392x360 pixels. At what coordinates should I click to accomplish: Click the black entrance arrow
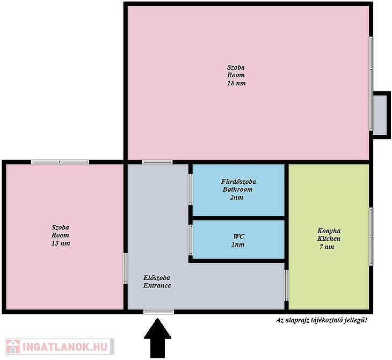pos(157,338)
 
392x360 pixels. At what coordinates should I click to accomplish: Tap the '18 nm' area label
pos(236,83)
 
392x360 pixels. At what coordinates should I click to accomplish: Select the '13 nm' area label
pos(61,243)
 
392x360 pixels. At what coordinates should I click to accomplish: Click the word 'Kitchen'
pos(329,239)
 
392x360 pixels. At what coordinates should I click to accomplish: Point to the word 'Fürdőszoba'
pos(238,182)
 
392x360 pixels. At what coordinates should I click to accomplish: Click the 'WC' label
pos(239,236)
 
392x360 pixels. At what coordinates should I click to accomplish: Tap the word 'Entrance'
pos(157,286)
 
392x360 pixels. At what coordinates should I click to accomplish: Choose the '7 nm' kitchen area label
pos(326,247)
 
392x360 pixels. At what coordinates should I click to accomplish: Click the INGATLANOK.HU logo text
pos(66,347)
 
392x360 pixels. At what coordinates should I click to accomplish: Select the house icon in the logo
pos(13,347)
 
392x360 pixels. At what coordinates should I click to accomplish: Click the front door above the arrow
pos(159,312)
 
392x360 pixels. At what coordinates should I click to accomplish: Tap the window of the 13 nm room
pos(60,162)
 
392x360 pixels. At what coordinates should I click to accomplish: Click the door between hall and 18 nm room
pos(157,162)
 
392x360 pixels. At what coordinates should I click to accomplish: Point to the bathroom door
pos(191,189)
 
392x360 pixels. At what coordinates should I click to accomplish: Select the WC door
pos(191,240)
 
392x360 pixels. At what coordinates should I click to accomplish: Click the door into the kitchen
pos(287,285)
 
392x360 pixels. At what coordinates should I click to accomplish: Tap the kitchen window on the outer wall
pos(371,236)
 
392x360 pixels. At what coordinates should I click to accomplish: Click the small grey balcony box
pos(382,116)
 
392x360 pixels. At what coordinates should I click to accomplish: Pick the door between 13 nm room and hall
pos(126,269)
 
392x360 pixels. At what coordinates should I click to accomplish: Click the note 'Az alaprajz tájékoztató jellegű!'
pos(322,320)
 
